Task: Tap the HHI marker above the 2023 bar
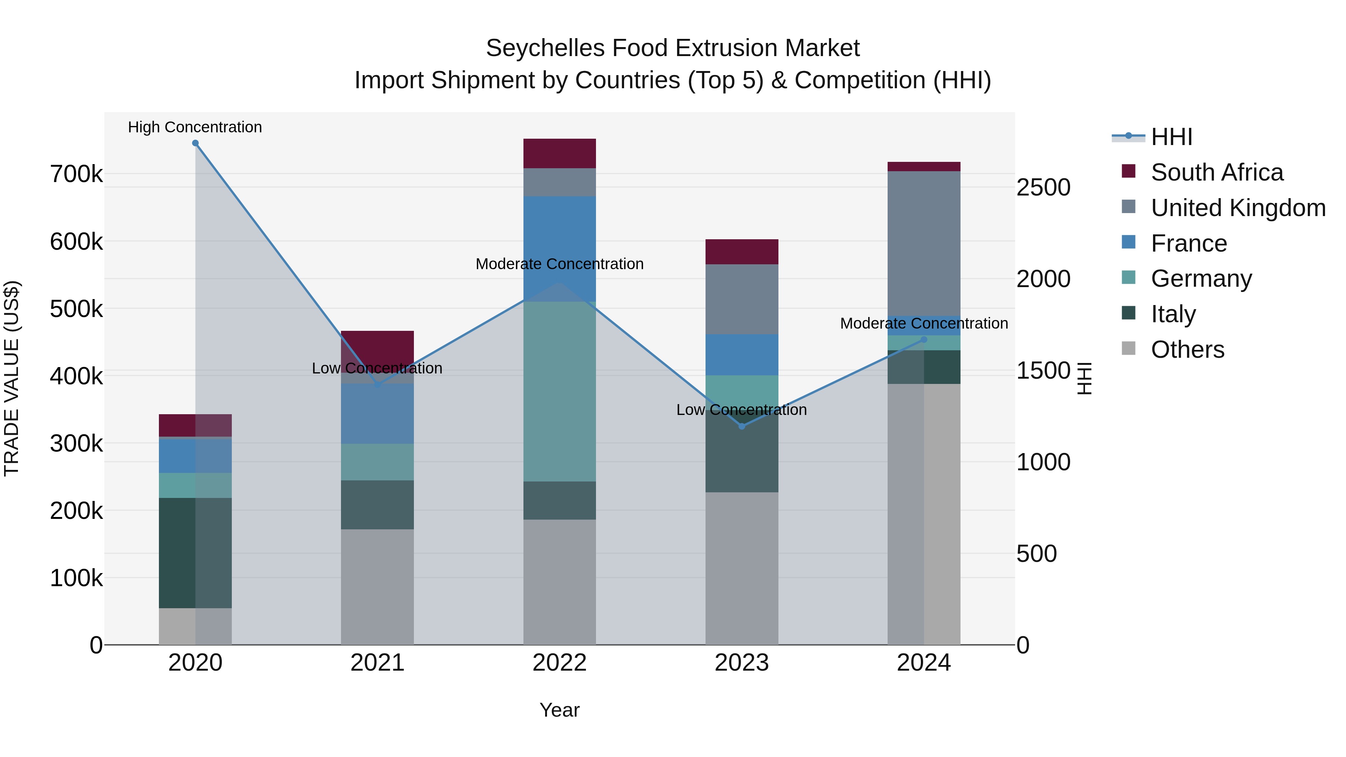click(741, 426)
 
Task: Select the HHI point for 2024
click(924, 339)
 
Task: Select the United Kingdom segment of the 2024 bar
click(924, 243)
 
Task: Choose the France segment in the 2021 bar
click(377, 414)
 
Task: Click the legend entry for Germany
click(1201, 279)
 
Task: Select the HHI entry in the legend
click(1171, 137)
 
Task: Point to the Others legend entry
click(1187, 350)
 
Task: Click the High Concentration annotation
click(195, 127)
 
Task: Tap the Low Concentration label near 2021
click(377, 368)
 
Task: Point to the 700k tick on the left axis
click(76, 175)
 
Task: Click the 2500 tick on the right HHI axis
click(1043, 188)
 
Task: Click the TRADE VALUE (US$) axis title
click(12, 378)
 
